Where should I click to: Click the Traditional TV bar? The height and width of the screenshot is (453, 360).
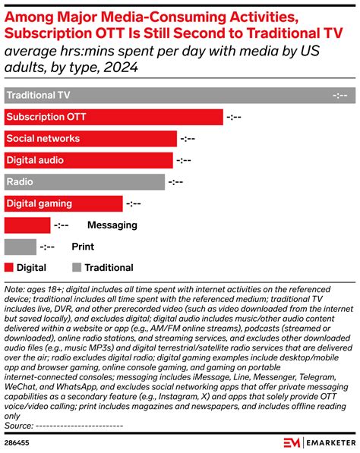tap(167, 96)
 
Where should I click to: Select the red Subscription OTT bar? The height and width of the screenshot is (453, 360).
tap(114, 117)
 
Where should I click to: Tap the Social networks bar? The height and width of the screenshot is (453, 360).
tap(90, 139)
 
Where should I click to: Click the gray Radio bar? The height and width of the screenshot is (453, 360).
tap(84, 182)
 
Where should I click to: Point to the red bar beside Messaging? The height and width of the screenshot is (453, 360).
tap(27, 225)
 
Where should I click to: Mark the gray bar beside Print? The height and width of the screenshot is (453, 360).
tap(21, 247)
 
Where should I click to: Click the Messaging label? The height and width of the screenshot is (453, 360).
tap(112, 225)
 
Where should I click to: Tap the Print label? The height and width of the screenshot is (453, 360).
tap(83, 247)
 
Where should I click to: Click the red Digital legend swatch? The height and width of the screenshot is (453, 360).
tap(9, 268)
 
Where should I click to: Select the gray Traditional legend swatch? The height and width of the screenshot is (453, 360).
tap(76, 268)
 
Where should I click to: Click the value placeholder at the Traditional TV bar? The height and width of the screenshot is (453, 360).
tap(340, 96)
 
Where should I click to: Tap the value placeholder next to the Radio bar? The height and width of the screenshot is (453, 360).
tap(176, 182)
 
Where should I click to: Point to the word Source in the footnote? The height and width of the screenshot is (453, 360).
tap(18, 426)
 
